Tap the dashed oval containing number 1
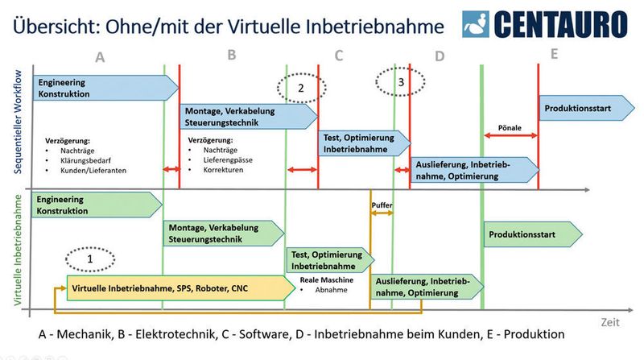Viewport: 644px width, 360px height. click(x=90, y=259)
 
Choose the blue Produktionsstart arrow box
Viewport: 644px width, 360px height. click(x=579, y=108)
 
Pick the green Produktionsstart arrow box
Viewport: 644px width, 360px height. click(x=531, y=234)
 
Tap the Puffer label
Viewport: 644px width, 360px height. click(x=382, y=206)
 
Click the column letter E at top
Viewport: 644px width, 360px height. click(x=554, y=54)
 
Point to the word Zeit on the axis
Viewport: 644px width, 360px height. click(x=610, y=321)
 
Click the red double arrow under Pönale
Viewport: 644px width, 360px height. click(x=509, y=135)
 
